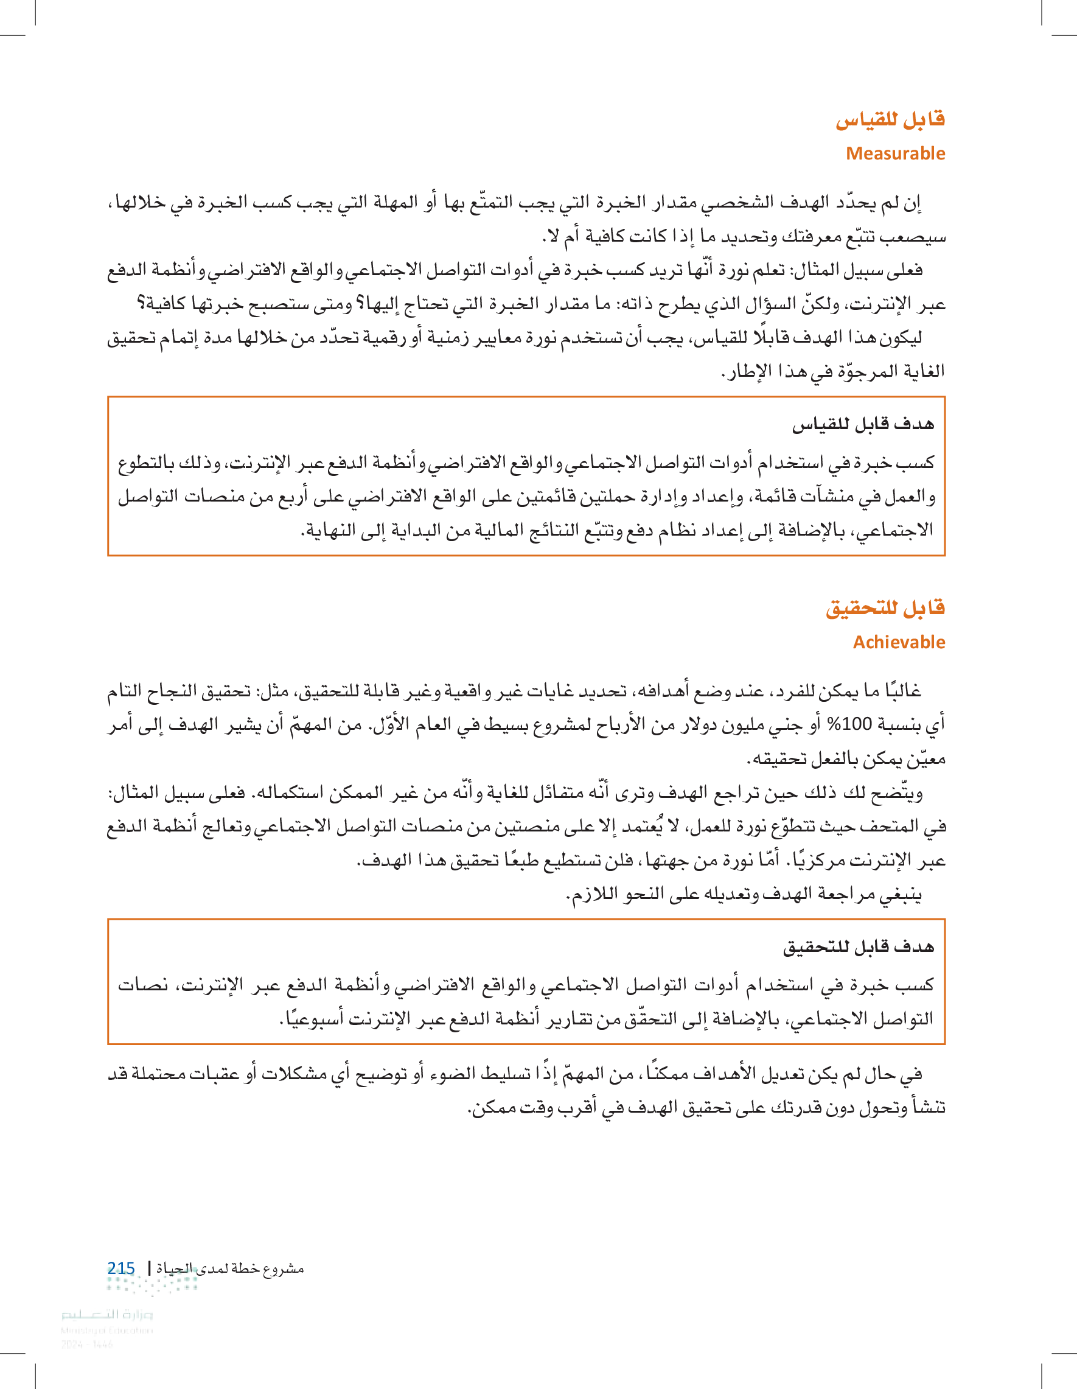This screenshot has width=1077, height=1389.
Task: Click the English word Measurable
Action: tap(895, 153)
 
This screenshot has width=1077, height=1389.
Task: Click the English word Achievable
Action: tap(899, 642)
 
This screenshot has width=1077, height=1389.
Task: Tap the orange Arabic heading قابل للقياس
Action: tap(890, 119)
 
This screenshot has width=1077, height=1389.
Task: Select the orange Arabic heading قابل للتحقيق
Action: tap(885, 609)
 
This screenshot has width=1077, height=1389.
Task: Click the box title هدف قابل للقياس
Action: tap(863, 424)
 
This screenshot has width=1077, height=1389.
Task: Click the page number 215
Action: tap(121, 1268)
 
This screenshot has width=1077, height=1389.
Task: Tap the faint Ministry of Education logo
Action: tap(107, 1321)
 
